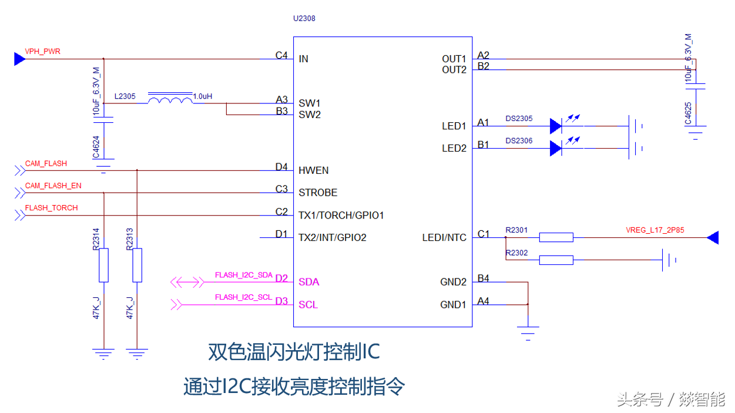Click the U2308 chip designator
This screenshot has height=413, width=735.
tap(304, 18)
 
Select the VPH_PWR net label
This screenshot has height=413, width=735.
tap(42, 52)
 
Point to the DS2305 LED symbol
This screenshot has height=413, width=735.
tap(556, 126)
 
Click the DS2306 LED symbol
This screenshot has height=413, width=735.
tap(556, 148)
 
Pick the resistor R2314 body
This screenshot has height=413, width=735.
tap(103, 265)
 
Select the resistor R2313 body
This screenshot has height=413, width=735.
tap(137, 265)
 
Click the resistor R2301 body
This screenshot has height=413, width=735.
tap(556, 237)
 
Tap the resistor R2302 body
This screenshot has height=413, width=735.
tap(556, 260)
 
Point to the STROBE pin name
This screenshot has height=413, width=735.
tap(318, 193)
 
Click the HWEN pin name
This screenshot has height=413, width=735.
tap(314, 170)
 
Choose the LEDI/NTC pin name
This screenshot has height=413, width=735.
tap(444, 238)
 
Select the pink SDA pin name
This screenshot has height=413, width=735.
tap(309, 282)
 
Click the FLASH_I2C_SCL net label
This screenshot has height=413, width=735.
tap(243, 297)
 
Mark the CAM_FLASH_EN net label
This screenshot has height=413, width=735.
tap(53, 186)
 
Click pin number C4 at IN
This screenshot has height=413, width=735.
tap(281, 56)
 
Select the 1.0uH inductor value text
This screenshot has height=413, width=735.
tap(203, 96)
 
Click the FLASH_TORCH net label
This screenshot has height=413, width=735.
tap(52, 208)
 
